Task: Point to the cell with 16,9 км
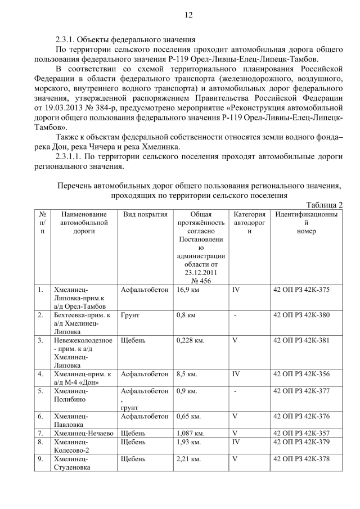point(186,290)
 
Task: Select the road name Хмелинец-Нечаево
point(83,433)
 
